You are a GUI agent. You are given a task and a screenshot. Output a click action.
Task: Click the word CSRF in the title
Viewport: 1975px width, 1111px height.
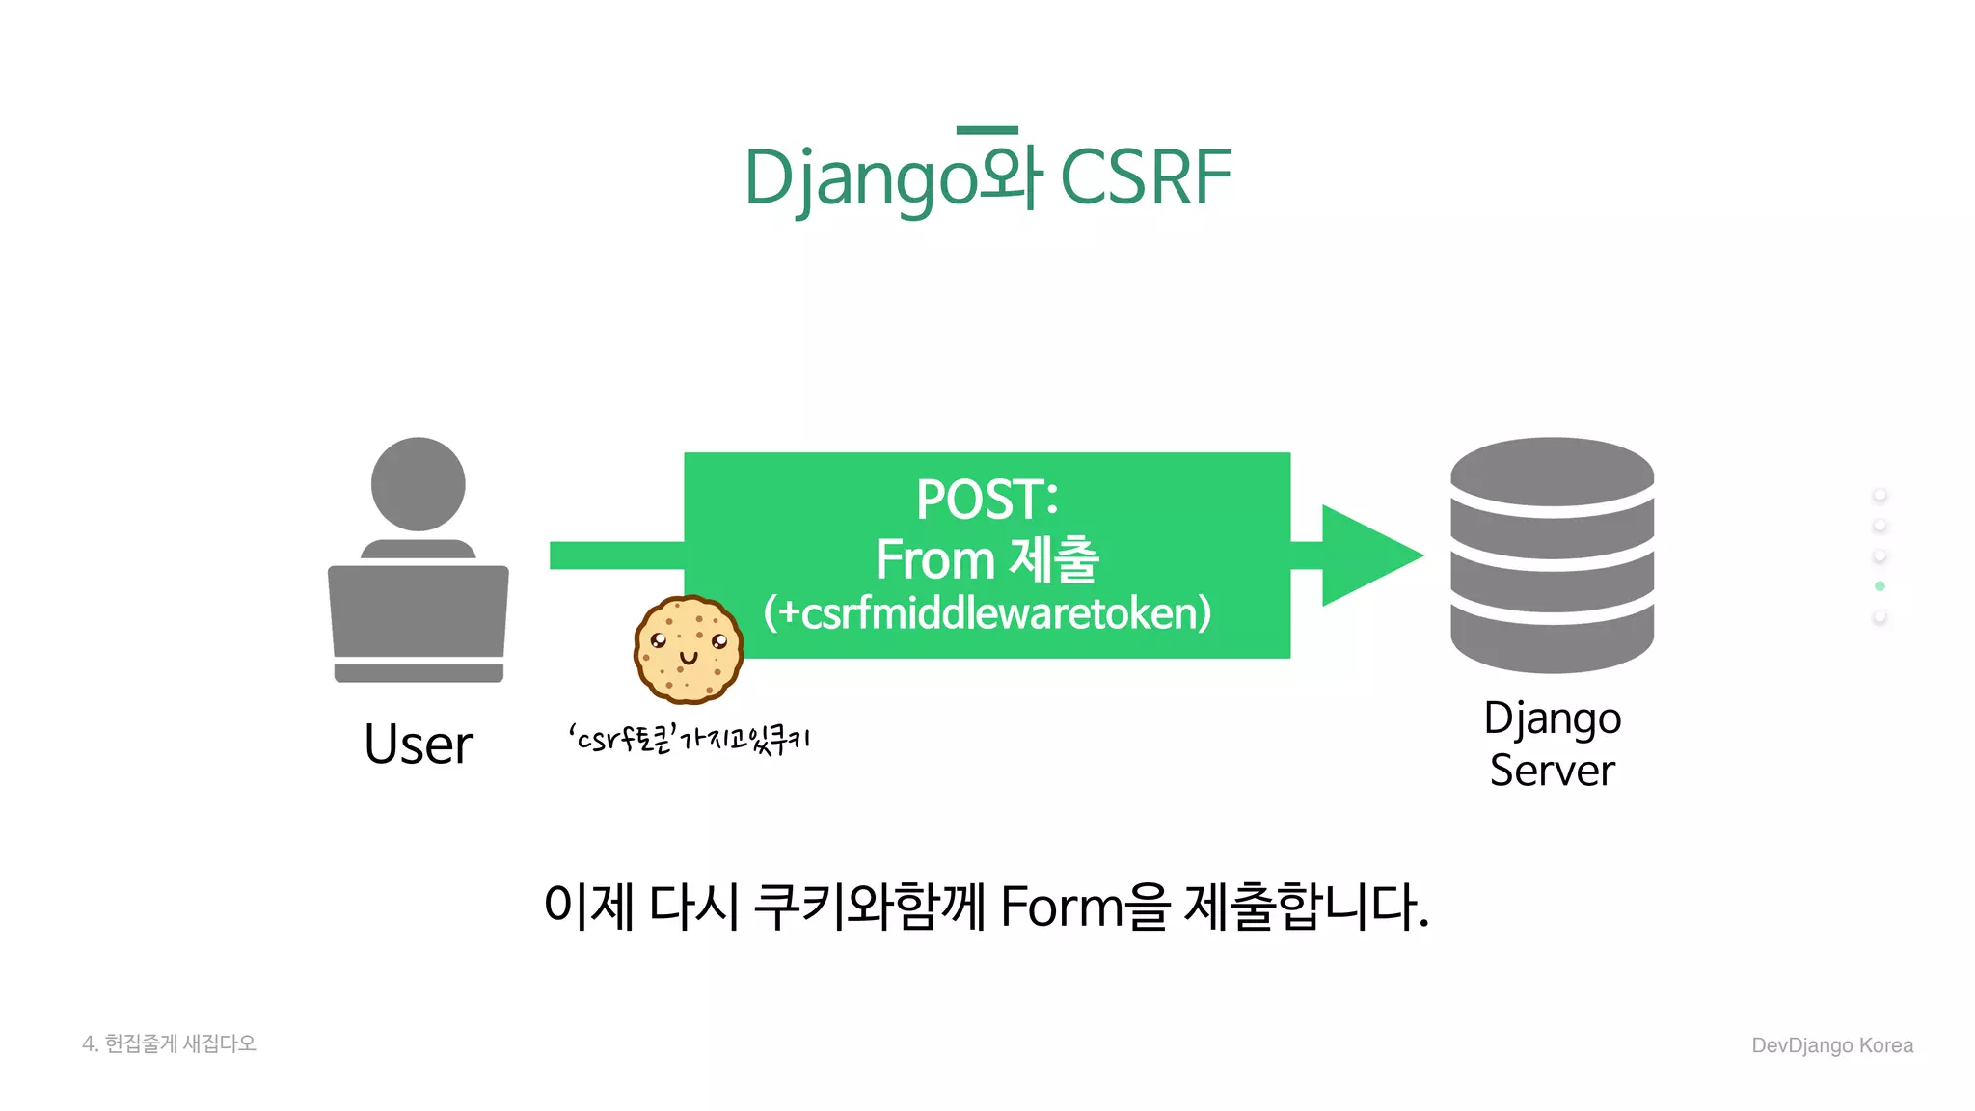pyautogui.click(x=1145, y=177)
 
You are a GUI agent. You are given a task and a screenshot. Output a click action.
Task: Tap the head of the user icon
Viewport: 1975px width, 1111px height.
pyautogui.click(x=418, y=484)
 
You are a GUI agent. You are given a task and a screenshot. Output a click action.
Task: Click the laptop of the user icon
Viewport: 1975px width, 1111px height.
pyautogui.click(x=418, y=617)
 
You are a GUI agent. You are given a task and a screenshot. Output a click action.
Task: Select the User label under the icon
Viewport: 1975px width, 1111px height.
pyautogui.click(x=418, y=745)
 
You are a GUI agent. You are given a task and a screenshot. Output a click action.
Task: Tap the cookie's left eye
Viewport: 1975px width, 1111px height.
pyautogui.click(x=659, y=640)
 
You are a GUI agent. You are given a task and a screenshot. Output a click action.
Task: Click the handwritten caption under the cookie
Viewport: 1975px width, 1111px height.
pyautogui.click(x=689, y=740)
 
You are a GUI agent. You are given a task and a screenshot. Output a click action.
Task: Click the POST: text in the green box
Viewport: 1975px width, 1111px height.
pyautogui.click(x=987, y=500)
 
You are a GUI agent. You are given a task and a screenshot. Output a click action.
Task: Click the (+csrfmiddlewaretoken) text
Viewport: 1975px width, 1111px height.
pyautogui.click(x=987, y=613)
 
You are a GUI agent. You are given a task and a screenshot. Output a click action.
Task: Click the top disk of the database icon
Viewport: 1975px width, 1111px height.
pyautogui.click(x=1552, y=472)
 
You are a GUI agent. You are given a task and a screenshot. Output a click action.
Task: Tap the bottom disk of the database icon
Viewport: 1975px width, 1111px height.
pyautogui.click(x=1552, y=640)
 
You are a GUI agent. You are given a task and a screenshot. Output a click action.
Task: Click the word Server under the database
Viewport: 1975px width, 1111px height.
pyautogui.click(x=1552, y=770)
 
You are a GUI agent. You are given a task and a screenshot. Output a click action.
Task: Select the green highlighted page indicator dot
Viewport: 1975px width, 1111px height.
pyautogui.click(x=1880, y=586)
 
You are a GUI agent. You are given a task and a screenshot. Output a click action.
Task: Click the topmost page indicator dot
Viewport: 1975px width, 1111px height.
pyautogui.click(x=1880, y=495)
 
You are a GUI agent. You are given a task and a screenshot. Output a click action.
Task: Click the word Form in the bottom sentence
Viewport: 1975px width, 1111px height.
pyautogui.click(x=1061, y=907)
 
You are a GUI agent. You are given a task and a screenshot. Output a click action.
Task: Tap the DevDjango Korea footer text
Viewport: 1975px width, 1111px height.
pyautogui.click(x=1831, y=1045)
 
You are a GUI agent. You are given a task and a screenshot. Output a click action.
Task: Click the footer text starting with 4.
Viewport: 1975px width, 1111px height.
pyautogui.click(x=169, y=1043)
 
